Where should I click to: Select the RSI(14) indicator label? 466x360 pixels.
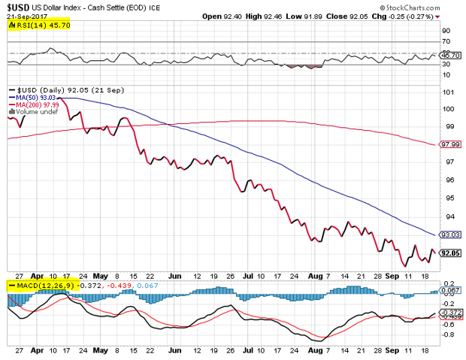pyautogui.click(x=34, y=25)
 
